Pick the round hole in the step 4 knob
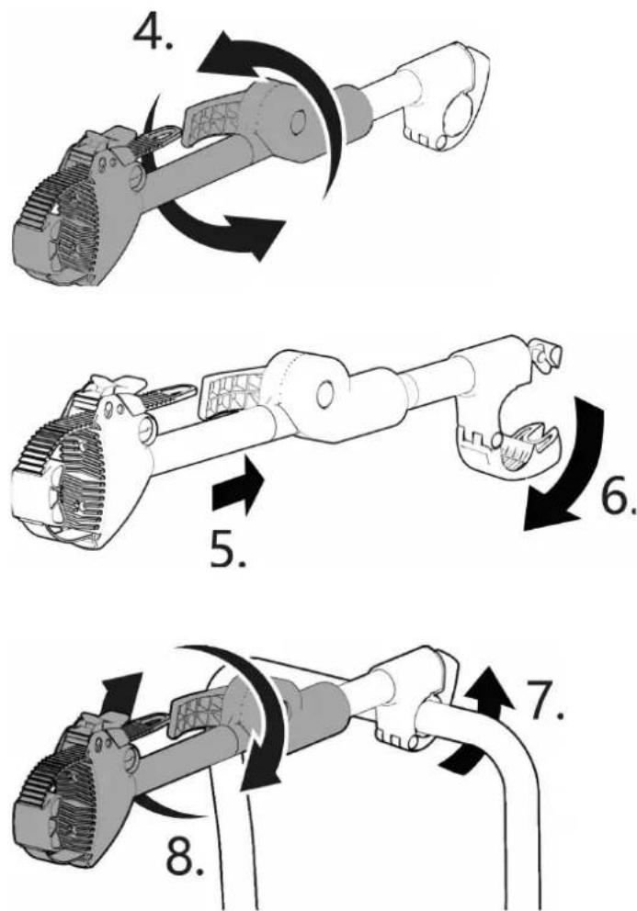coord(298,121)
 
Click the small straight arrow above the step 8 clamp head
coord(122,700)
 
